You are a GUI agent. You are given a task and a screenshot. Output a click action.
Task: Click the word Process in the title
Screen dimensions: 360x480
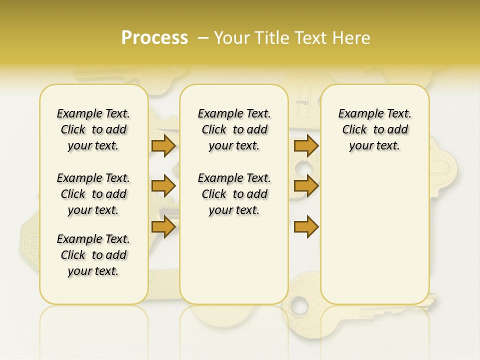[154, 38]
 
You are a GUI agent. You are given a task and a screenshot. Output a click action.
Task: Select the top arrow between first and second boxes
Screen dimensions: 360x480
[163, 146]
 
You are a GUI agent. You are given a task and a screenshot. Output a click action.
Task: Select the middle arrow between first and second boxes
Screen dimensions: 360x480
[163, 186]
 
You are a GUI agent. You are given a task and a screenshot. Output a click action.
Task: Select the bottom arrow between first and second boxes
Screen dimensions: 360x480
[163, 226]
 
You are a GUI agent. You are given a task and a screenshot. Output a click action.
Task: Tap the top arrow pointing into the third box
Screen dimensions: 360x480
[306, 146]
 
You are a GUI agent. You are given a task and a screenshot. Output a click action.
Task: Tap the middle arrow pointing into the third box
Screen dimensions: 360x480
[306, 186]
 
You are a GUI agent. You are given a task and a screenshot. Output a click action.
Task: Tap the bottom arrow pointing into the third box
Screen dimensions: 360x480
[306, 226]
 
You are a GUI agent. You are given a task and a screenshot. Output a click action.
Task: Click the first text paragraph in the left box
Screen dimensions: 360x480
[93, 129]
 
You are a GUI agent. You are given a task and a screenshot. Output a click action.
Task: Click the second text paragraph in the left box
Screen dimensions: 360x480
[93, 194]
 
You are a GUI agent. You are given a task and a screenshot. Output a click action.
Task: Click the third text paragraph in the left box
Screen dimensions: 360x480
[93, 255]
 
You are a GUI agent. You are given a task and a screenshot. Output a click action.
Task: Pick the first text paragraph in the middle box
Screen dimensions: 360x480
[234, 129]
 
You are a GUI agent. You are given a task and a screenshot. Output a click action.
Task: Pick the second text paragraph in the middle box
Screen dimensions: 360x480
[234, 194]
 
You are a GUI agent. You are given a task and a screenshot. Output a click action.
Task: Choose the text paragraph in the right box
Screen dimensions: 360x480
[374, 129]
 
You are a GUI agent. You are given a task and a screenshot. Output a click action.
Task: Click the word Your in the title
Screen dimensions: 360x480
[232, 38]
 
